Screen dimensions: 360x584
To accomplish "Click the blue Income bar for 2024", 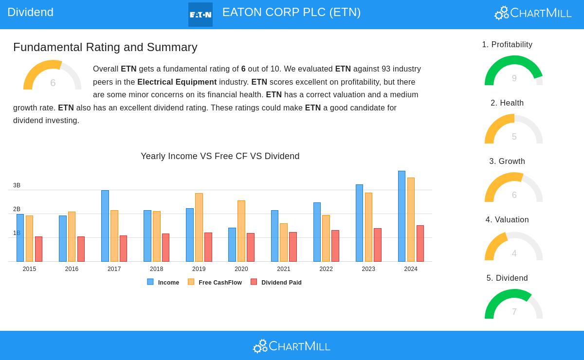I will pos(401,216).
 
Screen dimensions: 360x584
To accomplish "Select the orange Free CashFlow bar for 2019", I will pos(199,228).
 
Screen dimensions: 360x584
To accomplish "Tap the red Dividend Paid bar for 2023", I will pos(378,245).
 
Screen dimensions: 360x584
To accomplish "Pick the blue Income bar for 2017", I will pos(105,226).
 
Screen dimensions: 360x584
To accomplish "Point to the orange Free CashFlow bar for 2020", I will pos(241,231).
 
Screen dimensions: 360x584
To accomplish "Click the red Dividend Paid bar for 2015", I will pos(38,249).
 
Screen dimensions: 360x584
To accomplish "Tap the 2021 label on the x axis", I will pos(284,269).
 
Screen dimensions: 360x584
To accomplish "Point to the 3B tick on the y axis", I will pos(17,185).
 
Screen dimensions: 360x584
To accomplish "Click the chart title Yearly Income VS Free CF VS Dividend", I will pos(220,156).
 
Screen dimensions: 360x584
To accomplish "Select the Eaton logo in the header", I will pos(201,15).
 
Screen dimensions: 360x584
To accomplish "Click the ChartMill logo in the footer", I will pos(292,346).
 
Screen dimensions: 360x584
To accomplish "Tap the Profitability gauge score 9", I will pos(514,78).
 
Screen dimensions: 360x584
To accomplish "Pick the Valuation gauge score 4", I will pos(514,253).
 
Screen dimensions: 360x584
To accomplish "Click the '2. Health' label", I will pos(507,103).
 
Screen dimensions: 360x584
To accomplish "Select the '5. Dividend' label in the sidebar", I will pos(507,278).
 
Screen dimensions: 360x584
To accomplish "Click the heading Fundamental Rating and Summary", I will pos(105,47).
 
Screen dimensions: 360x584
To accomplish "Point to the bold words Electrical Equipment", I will pos(177,82).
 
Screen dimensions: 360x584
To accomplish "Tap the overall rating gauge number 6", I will pos(53,83).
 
